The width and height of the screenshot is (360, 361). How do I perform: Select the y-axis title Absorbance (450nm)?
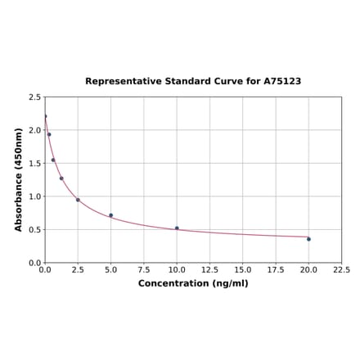19,179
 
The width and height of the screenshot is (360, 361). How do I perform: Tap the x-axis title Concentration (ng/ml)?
193,283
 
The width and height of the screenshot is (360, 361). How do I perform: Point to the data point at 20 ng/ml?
308,239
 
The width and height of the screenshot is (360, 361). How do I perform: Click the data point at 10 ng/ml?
177,228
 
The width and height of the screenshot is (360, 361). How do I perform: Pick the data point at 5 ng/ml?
111,215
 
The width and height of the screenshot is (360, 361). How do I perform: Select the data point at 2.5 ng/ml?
78,200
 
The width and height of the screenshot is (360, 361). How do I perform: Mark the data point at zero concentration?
45,116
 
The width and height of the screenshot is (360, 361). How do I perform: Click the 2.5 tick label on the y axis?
35,97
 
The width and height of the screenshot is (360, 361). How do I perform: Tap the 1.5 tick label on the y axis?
35,164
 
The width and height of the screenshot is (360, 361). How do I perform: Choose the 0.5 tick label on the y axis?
35,230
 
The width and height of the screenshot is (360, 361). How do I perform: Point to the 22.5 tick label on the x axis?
341,269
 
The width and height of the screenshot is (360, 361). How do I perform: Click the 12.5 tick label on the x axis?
209,269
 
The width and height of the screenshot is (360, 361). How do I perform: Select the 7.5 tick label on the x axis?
144,269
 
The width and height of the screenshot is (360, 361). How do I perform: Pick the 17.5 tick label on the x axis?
276,269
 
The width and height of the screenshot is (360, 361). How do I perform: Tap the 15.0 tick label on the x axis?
243,269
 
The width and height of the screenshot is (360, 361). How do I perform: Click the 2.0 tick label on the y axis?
35,130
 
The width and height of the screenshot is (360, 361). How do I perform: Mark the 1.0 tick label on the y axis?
35,196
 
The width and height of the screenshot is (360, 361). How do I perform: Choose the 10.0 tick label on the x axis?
177,269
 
